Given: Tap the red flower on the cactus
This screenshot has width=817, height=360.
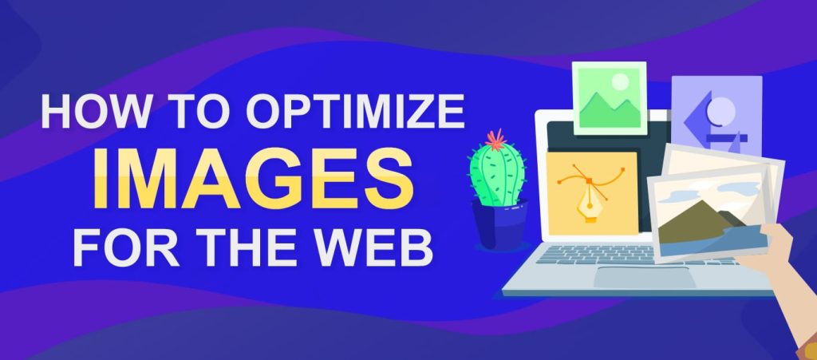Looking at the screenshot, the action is coord(495,140).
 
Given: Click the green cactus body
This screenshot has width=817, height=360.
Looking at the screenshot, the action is coord(497,175).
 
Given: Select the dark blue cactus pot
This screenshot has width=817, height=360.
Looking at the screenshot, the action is coord(499,224).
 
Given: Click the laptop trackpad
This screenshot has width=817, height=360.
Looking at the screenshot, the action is coord(644,277).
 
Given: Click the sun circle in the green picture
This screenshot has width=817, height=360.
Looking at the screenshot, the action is coord(620,81).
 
